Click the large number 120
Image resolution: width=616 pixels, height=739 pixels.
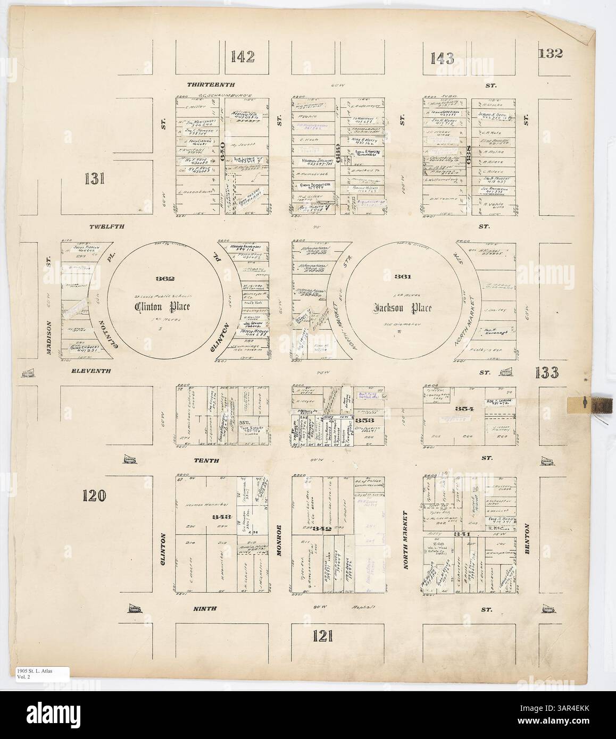pyautogui.click(x=96, y=496)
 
